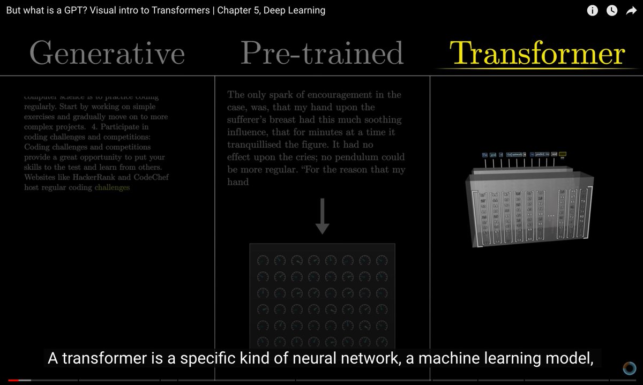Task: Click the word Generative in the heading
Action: [107, 54]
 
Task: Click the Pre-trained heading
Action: [322, 54]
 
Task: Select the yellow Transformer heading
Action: [537, 54]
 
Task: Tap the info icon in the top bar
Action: [592, 11]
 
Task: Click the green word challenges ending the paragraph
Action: [112, 187]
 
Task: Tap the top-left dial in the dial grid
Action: [263, 260]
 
